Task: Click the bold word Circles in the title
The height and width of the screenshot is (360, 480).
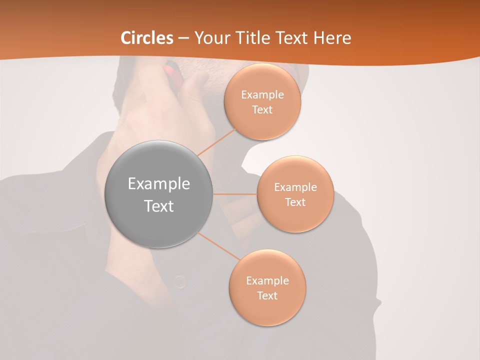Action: [147, 38]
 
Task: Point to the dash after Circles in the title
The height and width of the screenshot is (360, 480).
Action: [183, 38]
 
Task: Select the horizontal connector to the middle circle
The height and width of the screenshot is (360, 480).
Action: [235, 194]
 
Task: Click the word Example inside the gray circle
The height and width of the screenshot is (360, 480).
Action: [159, 184]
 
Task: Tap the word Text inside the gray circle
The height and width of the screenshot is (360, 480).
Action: [159, 206]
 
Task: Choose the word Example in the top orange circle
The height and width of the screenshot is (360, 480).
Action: [262, 95]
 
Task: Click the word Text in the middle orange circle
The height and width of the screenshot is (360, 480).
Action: [295, 202]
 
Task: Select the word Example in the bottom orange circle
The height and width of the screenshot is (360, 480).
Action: [267, 281]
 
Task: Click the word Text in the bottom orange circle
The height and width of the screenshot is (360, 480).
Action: [267, 295]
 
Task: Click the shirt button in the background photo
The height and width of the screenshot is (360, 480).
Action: [180, 282]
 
